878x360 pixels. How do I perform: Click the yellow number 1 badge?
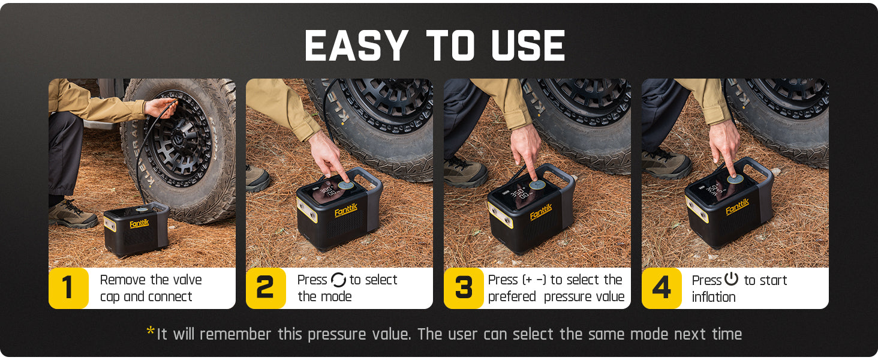point(68,288)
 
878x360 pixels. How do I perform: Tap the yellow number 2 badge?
point(266,288)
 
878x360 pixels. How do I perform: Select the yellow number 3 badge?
point(464,288)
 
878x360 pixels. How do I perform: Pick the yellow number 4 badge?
point(661,288)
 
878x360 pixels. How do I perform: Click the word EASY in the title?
point(356,46)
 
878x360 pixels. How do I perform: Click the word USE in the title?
point(528,46)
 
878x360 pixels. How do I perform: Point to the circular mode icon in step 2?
point(338,280)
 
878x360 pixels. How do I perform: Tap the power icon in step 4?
point(731,280)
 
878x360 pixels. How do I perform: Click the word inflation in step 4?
point(713,297)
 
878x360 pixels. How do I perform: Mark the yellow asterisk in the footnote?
point(151,332)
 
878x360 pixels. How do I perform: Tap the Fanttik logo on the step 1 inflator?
point(139,224)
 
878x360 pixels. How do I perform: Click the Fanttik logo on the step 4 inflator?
point(737,207)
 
